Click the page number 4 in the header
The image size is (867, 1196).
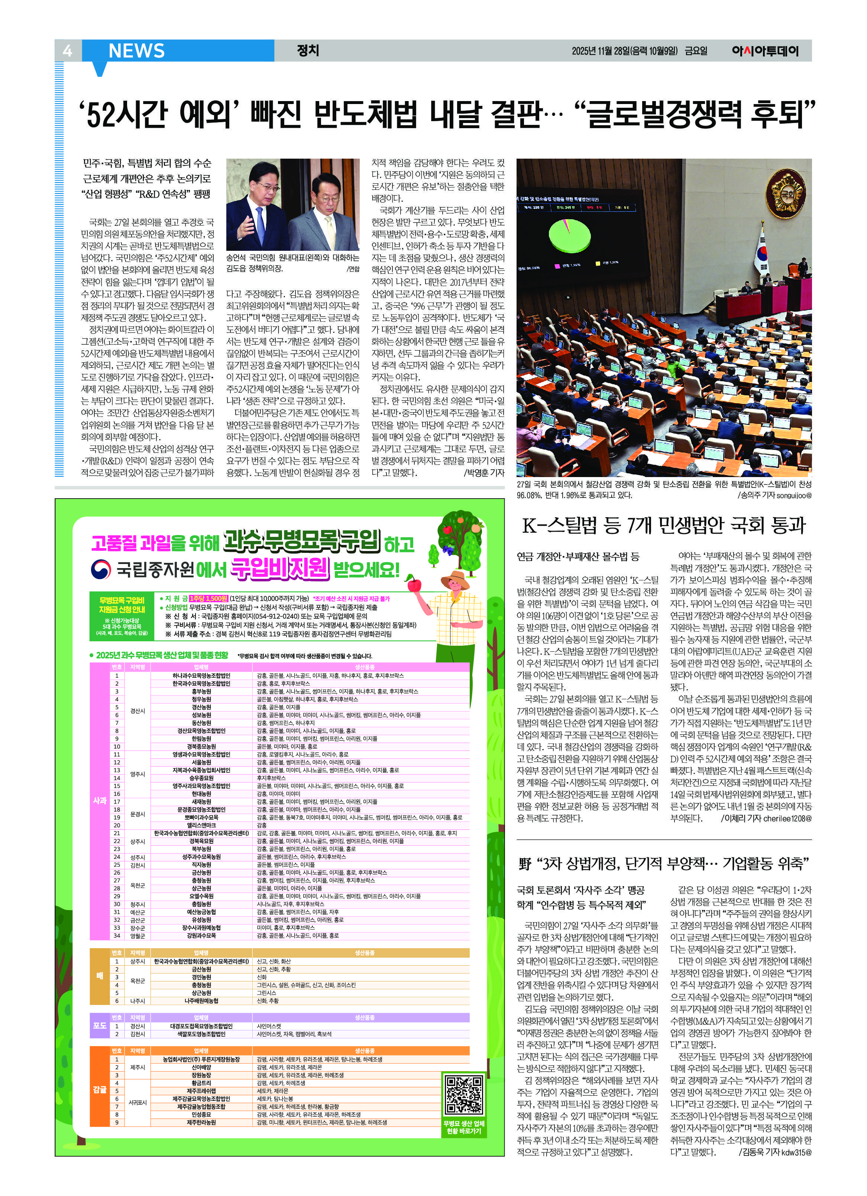67,51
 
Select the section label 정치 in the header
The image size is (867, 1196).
308,51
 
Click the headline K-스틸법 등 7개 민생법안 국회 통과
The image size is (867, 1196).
664,526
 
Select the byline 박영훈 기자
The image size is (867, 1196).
483,473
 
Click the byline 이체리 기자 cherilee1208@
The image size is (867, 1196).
766,819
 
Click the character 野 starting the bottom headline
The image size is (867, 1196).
525,864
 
